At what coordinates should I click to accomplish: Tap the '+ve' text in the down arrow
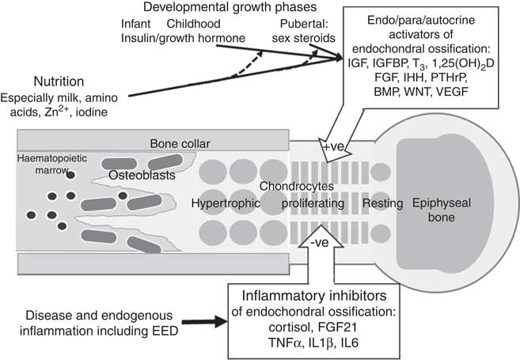[328, 146]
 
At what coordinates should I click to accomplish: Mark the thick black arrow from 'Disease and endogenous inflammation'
[201, 322]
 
